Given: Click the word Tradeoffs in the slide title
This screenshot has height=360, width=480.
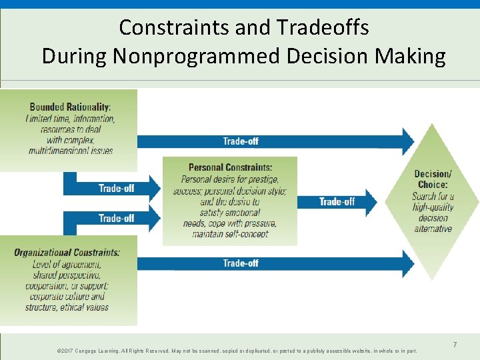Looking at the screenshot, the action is click(317, 27).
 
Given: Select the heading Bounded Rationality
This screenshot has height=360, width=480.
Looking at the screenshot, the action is click(70, 107).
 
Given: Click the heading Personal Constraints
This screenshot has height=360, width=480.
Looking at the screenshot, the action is click(230, 167).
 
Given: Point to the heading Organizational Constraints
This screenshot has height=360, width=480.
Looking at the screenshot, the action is click(67, 253).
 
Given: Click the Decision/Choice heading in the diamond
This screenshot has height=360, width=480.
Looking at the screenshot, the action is click(433, 179).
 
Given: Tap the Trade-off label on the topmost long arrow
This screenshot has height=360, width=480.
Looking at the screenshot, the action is click(241, 141).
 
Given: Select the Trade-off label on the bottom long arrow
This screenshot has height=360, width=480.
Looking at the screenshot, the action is click(241, 263).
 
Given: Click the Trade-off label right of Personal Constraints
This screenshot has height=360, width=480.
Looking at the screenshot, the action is click(337, 201).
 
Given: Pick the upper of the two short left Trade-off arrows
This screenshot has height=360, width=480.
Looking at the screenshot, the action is click(116, 188).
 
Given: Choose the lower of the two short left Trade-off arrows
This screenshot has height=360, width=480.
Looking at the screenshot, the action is click(116, 218).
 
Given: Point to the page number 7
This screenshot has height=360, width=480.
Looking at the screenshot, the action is click(455, 345).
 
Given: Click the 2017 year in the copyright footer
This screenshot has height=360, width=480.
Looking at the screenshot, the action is click(66, 351).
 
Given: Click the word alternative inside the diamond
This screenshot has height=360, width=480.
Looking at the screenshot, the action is click(433, 229).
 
